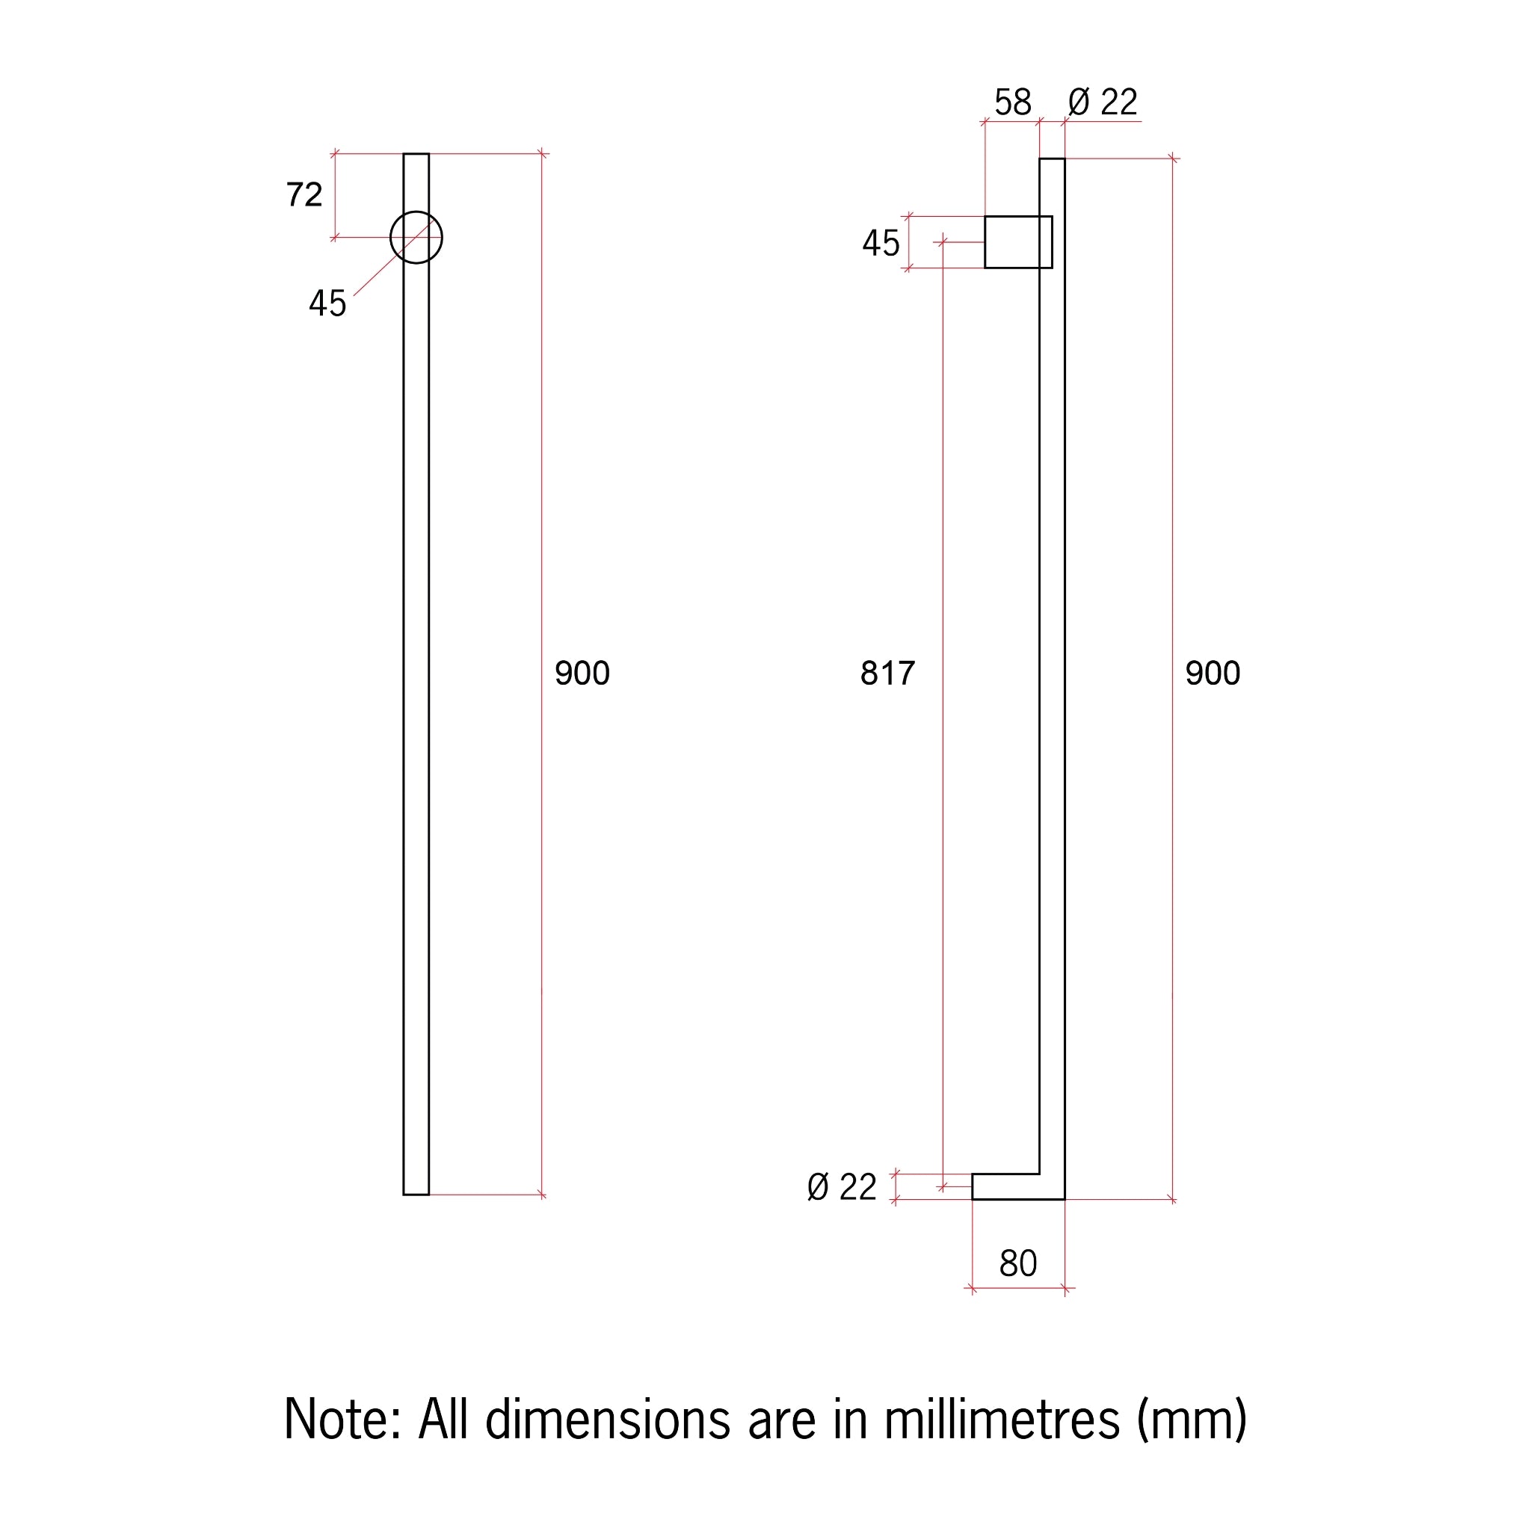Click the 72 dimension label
[304, 195]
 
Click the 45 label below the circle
[327, 304]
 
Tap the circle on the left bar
[416, 238]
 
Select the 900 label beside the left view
[582, 674]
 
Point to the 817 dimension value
[887, 674]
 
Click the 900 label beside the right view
[1213, 674]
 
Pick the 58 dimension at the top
[1013, 103]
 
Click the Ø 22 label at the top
[1103, 103]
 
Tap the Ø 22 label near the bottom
[842, 1187]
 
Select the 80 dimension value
[1017, 1263]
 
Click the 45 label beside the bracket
[881, 243]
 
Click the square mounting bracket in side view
[1017, 242]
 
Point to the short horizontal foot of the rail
[1006, 1186]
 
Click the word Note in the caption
[341, 1420]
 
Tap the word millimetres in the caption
[1002, 1420]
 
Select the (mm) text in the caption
[1192, 1420]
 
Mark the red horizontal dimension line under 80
[1017, 1289]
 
